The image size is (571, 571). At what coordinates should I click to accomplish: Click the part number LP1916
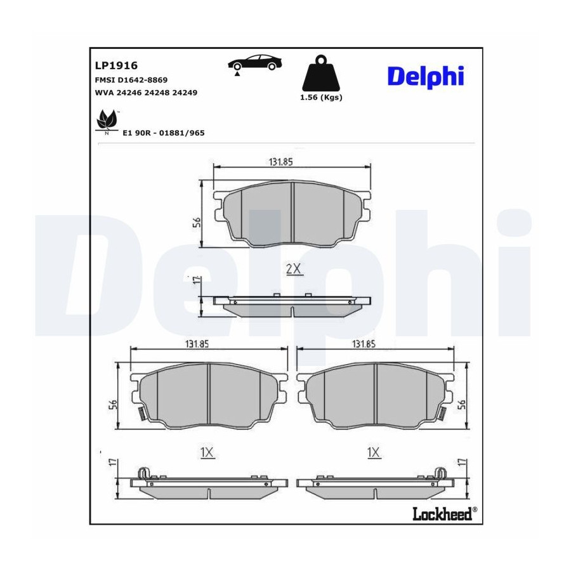pyautogui.click(x=116, y=65)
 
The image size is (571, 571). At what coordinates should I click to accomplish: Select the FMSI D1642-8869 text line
pyautogui.click(x=131, y=80)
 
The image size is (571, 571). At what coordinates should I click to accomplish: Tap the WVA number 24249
pyautogui.click(x=185, y=93)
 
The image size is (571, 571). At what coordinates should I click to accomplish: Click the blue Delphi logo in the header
pyautogui.click(x=426, y=77)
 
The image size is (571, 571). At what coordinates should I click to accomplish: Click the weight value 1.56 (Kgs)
pyautogui.click(x=321, y=97)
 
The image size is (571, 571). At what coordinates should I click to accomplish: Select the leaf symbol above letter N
pyautogui.click(x=107, y=119)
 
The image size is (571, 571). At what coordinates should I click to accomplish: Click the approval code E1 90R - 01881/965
pyautogui.click(x=164, y=133)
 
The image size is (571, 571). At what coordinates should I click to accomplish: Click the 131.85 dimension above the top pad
pyautogui.click(x=281, y=162)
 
